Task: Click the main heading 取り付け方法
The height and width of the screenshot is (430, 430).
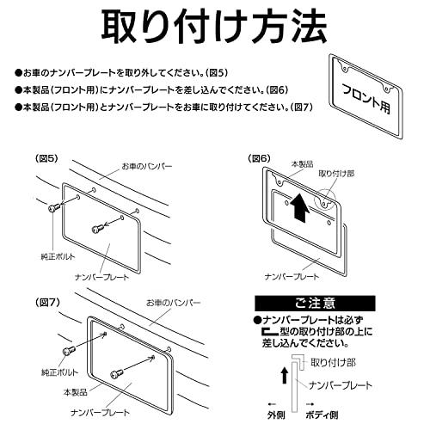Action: pos(215,28)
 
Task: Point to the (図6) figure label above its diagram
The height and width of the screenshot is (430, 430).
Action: pos(259,157)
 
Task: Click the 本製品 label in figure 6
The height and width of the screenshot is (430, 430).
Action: pos(304,163)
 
